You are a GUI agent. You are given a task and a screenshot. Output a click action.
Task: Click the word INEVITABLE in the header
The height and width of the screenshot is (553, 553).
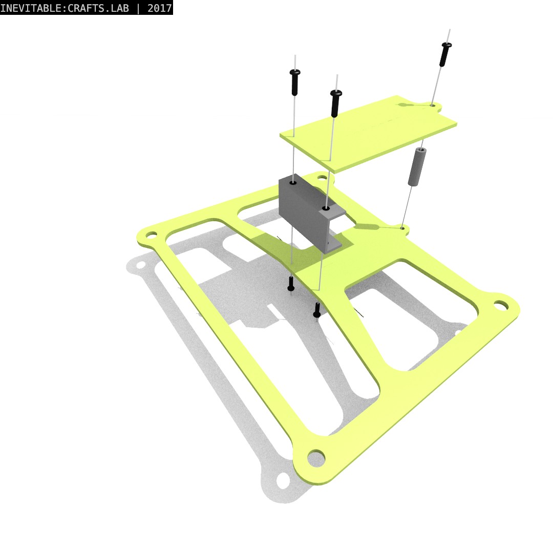coord(31,8)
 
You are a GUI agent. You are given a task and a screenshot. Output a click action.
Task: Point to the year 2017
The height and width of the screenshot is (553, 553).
coord(159,8)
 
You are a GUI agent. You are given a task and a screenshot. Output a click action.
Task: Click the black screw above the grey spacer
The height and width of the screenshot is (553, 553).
coord(445,54)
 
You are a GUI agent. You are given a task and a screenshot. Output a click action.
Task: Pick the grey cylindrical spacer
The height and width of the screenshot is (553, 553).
coord(417,167)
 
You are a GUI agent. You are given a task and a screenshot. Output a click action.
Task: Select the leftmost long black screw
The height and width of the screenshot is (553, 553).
coord(295,82)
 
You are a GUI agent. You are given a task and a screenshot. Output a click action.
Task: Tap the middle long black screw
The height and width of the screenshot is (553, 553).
coord(335,103)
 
